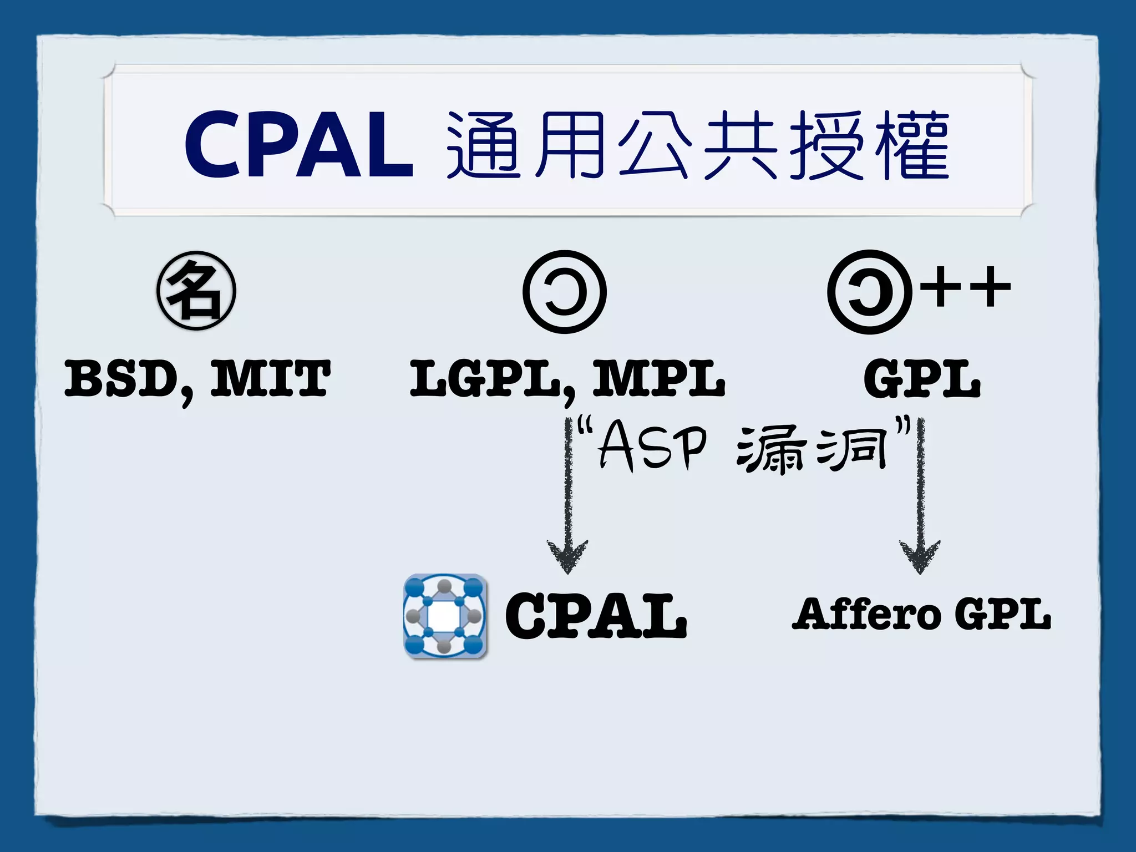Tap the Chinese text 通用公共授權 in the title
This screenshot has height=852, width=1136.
(x=698, y=145)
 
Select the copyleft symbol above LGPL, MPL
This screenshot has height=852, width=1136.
(x=565, y=292)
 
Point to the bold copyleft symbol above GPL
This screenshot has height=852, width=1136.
(x=869, y=292)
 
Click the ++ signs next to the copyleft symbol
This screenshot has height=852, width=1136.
(x=965, y=287)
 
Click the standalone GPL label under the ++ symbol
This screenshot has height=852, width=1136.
(x=922, y=379)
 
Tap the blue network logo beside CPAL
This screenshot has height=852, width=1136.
(x=445, y=616)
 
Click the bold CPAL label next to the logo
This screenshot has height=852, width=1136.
(x=596, y=616)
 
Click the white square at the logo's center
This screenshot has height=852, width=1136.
(x=444, y=615)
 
